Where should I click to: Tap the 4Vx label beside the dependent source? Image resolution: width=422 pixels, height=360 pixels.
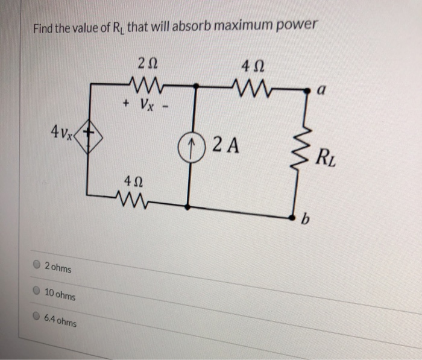point(63,129)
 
